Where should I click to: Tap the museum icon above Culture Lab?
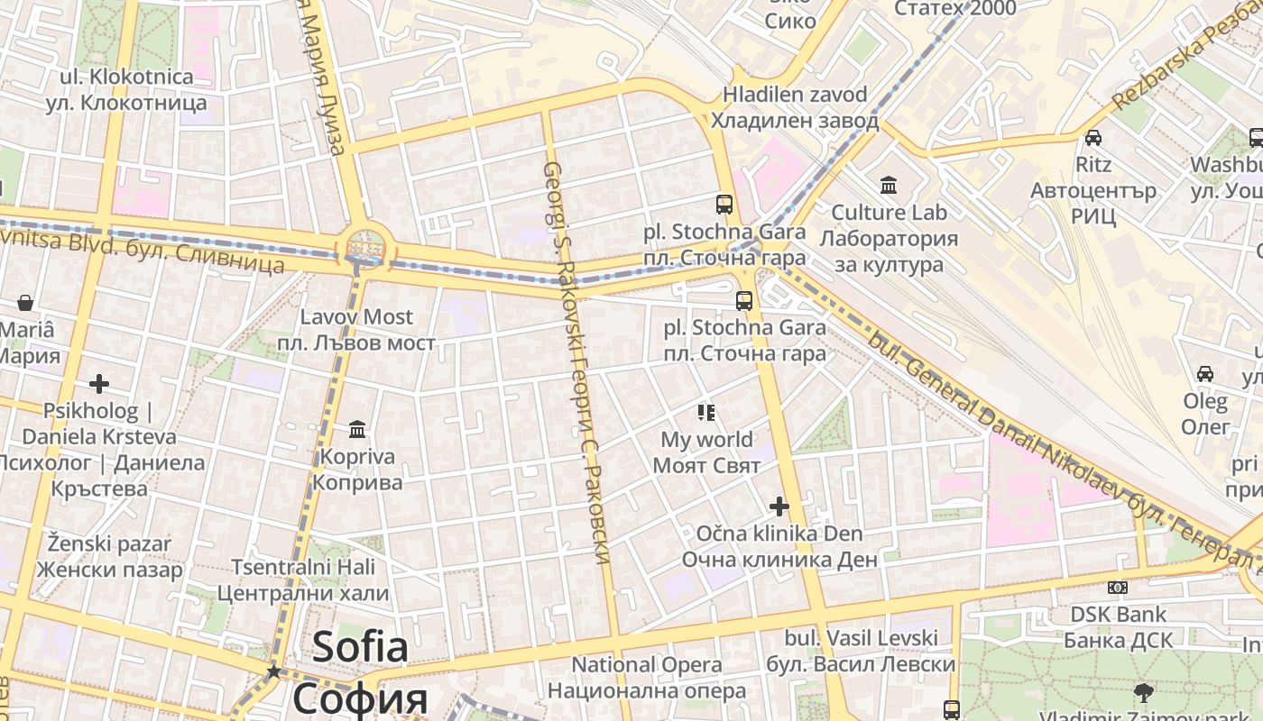[889, 186]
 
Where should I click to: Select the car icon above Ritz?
[1092, 138]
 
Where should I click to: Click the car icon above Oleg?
[1204, 373]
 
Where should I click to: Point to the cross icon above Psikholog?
[99, 385]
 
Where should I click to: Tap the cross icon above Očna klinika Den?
[779, 507]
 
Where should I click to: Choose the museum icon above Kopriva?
[357, 429]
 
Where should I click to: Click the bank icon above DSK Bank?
[1118, 588]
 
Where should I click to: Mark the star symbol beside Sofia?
[273, 671]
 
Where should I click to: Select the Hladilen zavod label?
[795, 107]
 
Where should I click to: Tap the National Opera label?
[647, 678]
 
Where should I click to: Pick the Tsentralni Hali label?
[303, 580]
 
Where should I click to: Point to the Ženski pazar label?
[109, 557]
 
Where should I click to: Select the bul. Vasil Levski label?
[861, 651]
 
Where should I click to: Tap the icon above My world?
[706, 413]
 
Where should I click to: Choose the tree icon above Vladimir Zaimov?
[1144, 693]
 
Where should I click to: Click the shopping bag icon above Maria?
[25, 303]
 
